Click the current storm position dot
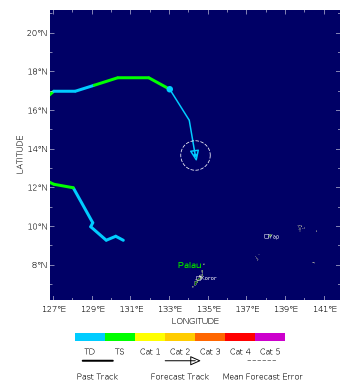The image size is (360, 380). [x=169, y=89]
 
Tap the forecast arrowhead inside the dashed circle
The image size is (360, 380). [x=195, y=154]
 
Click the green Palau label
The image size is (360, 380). [x=189, y=265]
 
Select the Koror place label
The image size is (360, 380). [x=208, y=278]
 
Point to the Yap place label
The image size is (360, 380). [x=274, y=236]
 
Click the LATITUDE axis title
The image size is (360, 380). [x=20, y=154]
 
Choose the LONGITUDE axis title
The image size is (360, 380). [x=195, y=321]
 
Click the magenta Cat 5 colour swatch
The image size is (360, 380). [x=270, y=337]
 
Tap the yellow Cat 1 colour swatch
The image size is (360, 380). [x=150, y=337]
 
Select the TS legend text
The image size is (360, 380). [x=119, y=351]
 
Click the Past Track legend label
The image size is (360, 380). [x=97, y=376]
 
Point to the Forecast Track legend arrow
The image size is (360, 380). [x=182, y=360]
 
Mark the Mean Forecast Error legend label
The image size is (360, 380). [x=262, y=376]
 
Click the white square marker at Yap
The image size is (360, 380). [x=267, y=236]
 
